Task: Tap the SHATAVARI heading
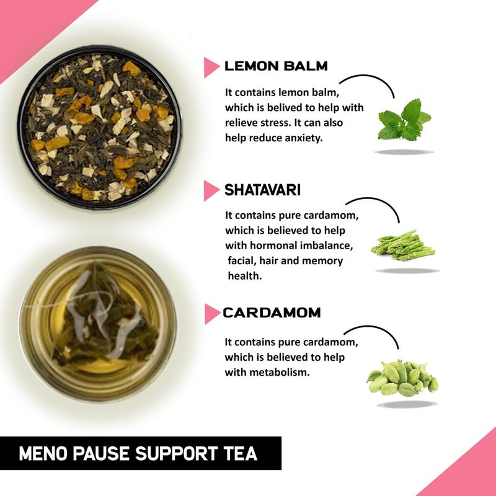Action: [262, 190]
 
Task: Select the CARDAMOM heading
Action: [272, 312]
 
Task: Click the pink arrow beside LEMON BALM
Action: [211, 67]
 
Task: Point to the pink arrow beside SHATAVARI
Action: [211, 191]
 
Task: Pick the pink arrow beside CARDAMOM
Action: [211, 314]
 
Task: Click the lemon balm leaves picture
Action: [404, 120]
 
